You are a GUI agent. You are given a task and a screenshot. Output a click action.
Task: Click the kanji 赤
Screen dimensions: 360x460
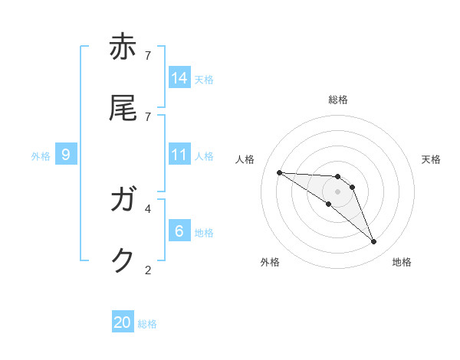pos(123,47)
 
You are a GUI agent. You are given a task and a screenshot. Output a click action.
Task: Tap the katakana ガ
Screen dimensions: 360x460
pos(123,201)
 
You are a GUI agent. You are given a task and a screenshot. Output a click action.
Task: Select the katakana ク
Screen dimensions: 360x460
pos(123,261)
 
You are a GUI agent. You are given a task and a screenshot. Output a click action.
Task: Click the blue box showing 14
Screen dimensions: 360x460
pos(179,78)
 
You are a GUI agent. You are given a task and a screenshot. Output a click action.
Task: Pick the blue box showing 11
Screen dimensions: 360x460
pos(179,155)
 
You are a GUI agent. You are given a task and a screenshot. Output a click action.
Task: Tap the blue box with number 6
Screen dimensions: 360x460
pos(179,231)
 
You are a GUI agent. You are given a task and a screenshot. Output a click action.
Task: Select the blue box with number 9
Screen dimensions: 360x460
pos(66,155)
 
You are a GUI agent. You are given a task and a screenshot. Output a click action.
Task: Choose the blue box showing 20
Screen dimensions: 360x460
pos(123,323)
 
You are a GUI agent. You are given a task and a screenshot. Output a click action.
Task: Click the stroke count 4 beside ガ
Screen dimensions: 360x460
pos(148,208)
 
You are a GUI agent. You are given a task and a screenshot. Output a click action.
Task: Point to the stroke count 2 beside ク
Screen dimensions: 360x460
pos(148,270)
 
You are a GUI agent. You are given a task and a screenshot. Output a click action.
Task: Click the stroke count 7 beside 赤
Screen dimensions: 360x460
pos(148,55)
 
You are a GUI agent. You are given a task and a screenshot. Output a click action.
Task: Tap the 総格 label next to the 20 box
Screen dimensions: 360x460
pos(147,324)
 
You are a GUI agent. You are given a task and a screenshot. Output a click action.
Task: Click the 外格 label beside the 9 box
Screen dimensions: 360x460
pos(41,155)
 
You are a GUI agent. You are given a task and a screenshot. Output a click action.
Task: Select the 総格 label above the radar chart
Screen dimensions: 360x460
pos(338,100)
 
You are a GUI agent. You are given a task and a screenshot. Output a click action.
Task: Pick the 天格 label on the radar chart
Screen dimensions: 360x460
pos(431,159)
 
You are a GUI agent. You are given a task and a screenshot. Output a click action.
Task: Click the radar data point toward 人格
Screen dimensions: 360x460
pos(279,172)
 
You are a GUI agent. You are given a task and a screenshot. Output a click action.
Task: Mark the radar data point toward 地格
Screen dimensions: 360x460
pos(374,242)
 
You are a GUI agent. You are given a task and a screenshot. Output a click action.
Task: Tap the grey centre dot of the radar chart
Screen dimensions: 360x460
pos(338,191)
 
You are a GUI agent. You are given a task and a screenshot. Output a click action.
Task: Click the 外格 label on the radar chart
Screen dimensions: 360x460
pos(270,262)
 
